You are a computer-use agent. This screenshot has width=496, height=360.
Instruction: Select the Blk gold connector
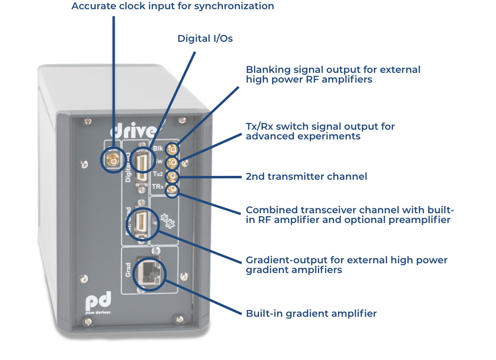(x=172, y=149)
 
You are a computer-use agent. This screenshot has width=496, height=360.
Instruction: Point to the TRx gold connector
(x=172, y=187)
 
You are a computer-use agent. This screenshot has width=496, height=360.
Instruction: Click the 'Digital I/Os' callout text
(x=205, y=38)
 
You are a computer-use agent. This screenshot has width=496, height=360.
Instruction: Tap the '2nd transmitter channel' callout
(x=306, y=176)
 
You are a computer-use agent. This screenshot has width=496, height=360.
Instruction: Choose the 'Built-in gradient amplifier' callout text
(x=311, y=313)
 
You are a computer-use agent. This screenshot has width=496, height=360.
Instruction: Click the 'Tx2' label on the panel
(x=157, y=174)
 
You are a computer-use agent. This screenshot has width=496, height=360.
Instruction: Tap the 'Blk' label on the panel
(x=157, y=149)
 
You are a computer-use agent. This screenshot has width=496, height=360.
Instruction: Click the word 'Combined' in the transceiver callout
(x=269, y=210)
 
